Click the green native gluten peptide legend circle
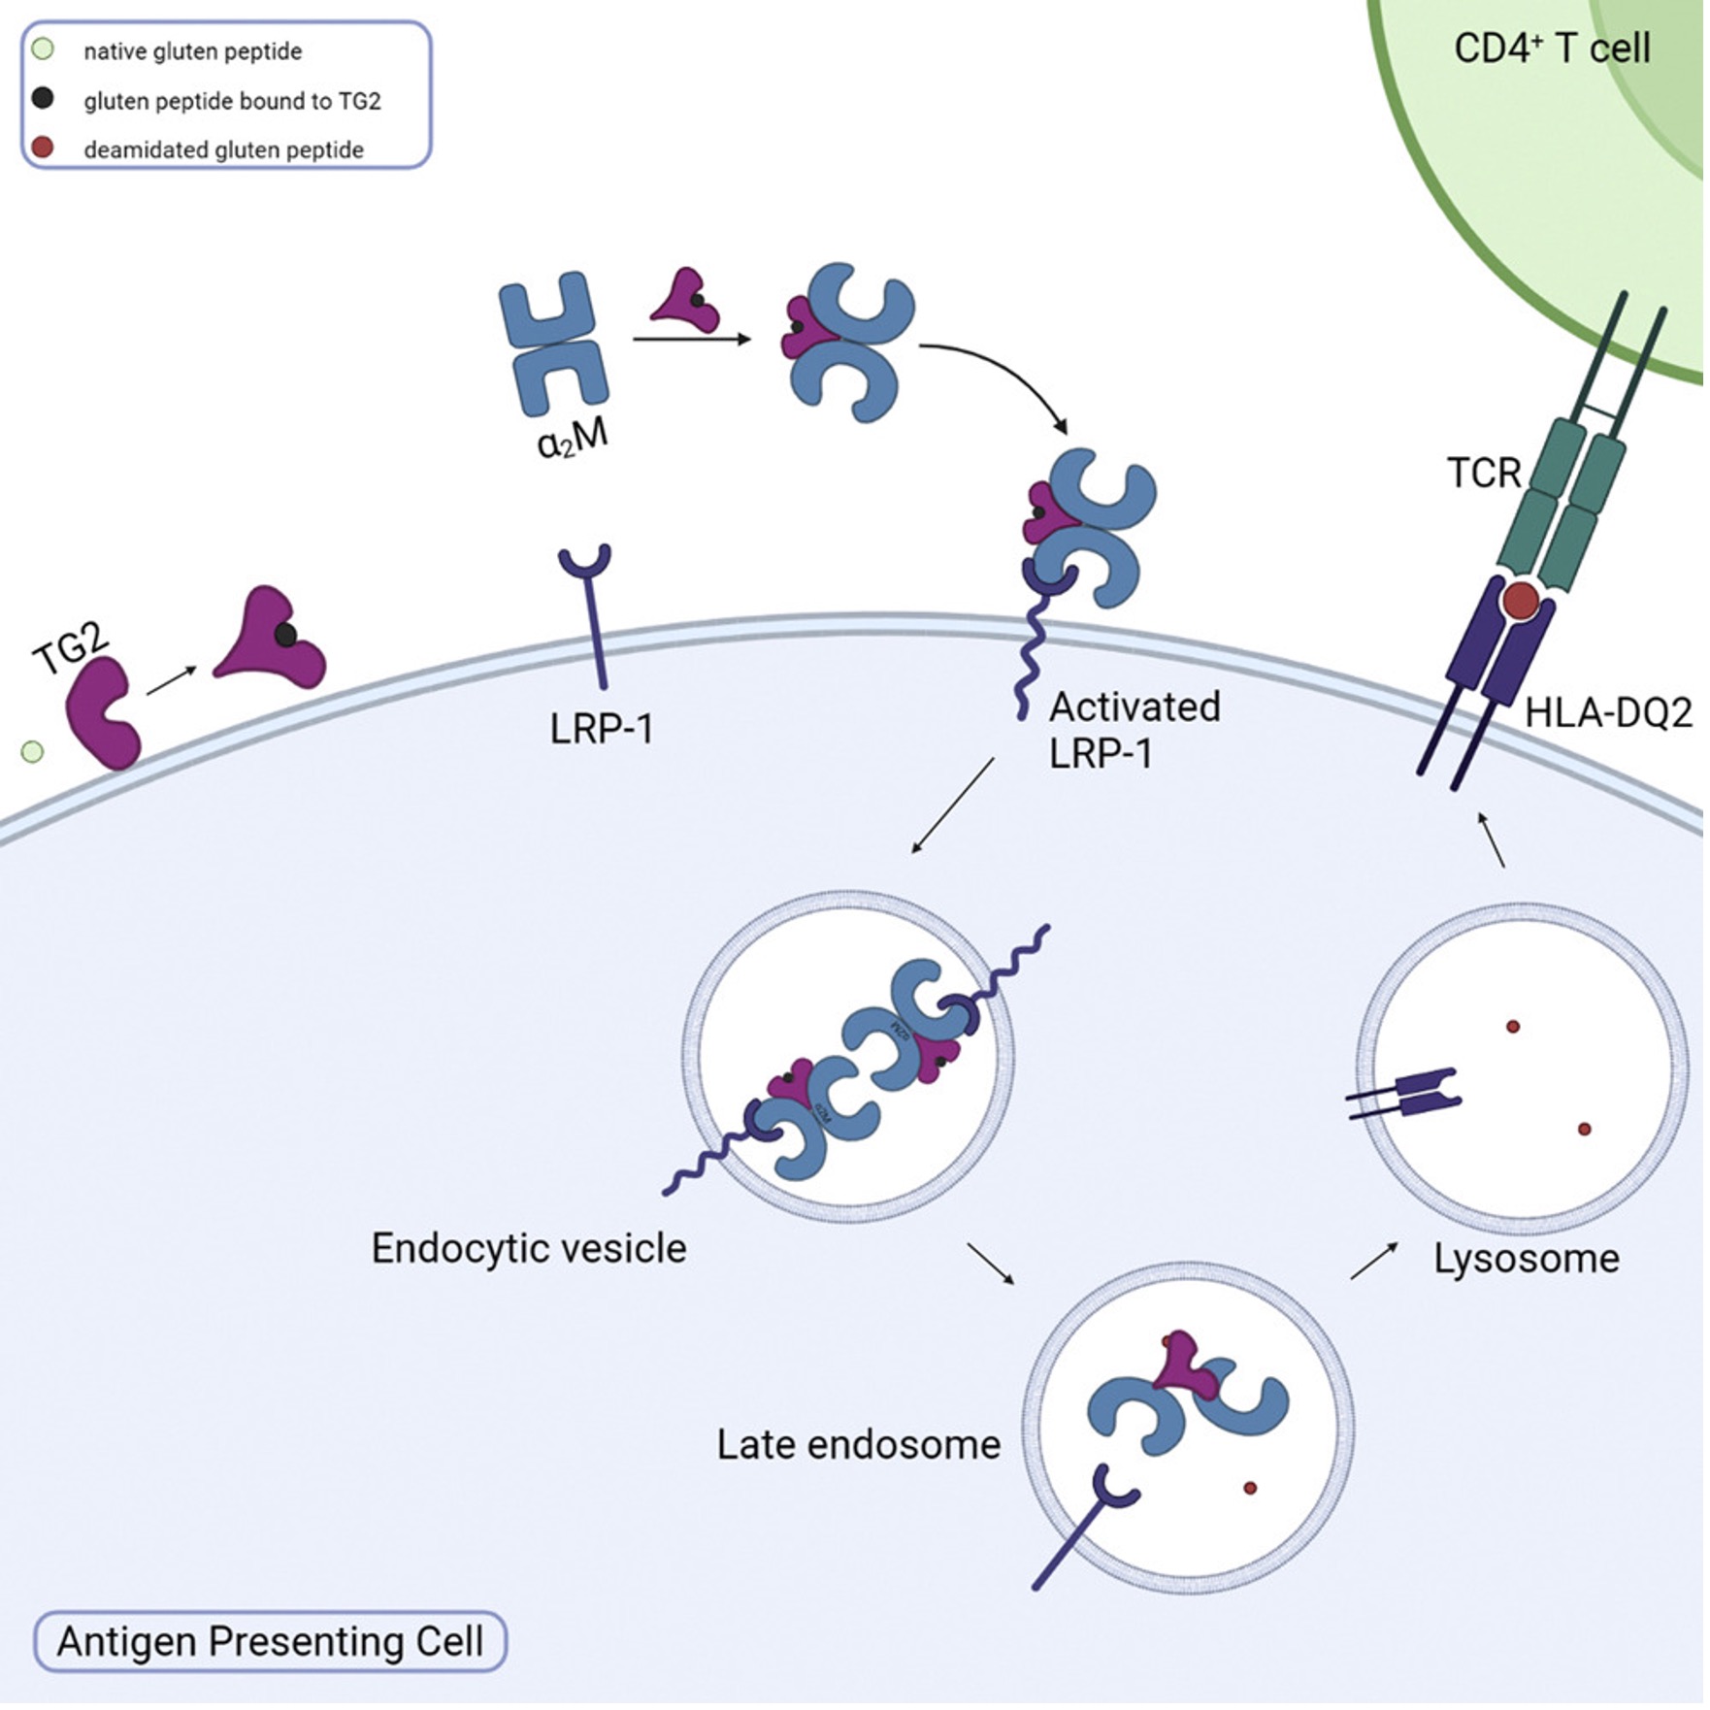click(43, 49)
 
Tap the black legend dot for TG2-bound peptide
click(43, 98)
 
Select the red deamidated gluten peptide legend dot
click(43, 148)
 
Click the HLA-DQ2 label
click(1607, 713)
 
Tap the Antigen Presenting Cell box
click(270, 1641)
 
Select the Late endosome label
click(858, 1444)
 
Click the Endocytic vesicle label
click(529, 1248)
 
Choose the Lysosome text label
click(1526, 1259)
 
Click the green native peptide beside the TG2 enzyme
click(32, 751)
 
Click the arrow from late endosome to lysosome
click(1373, 1261)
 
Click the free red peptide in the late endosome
click(1249, 1488)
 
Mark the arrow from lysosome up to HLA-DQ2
click(1492, 840)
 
